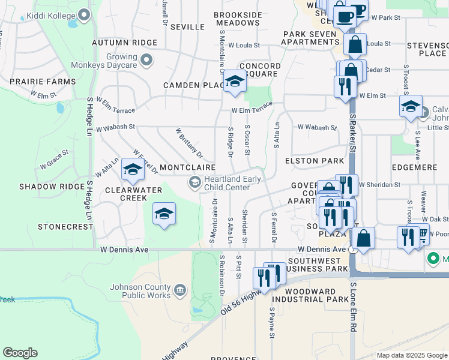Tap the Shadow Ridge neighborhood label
pos(52,187)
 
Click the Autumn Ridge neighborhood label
pos(124,43)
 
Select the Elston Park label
pos(314,161)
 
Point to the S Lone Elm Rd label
pos(354,307)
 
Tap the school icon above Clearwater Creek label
pos(133,170)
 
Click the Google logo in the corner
pos(20,353)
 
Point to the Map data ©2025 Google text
pos(411,355)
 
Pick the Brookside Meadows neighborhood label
pos(238,18)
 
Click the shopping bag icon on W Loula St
pos(355,44)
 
